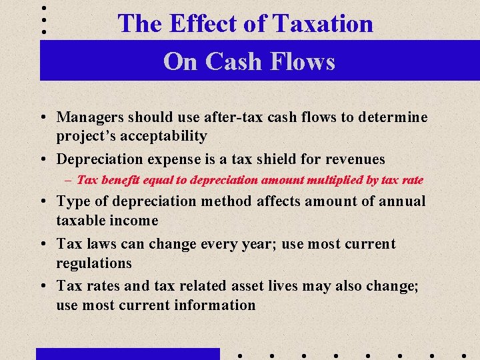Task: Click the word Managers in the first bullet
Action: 87,117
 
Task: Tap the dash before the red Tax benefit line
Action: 69,180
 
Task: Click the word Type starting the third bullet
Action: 72,201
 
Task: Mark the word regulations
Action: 94,263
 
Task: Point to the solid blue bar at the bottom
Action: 127,353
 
